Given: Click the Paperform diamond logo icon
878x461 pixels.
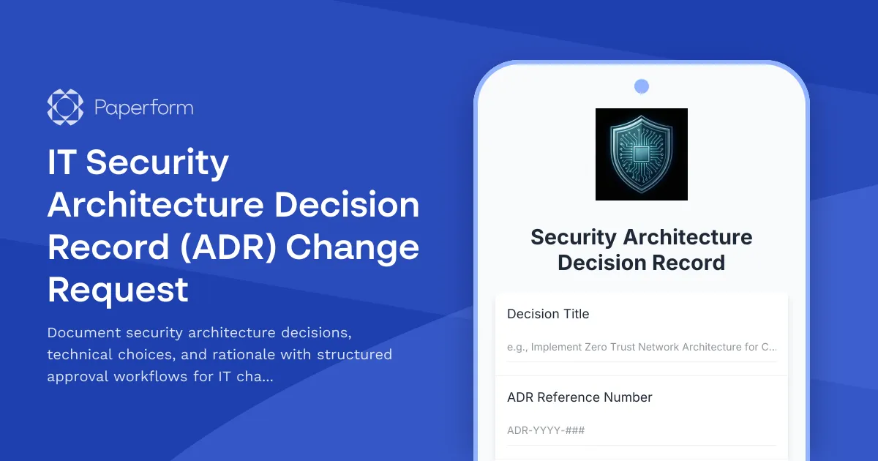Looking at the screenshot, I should click(x=65, y=108).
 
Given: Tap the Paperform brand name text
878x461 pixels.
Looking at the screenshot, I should click(x=143, y=108).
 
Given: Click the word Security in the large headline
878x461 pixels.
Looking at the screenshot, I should click(x=157, y=162).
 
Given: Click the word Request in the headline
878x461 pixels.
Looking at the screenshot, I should click(x=118, y=290).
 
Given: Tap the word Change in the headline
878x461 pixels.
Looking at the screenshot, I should click(x=353, y=247).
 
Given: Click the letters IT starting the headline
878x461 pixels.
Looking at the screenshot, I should click(x=61, y=162).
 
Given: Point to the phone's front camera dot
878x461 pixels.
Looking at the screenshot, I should click(x=642, y=86).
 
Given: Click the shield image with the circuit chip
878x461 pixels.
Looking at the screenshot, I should click(x=642, y=154).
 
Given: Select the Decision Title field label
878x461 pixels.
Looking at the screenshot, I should click(x=548, y=314).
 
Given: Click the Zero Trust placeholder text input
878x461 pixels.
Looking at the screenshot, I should click(x=642, y=347).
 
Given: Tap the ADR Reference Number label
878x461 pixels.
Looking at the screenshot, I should click(x=579, y=397).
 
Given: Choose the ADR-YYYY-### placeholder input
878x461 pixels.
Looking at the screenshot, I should click(x=642, y=430).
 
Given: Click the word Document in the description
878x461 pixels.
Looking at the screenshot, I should click(x=83, y=333).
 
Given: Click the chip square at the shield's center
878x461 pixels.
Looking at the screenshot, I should click(x=642, y=154).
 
